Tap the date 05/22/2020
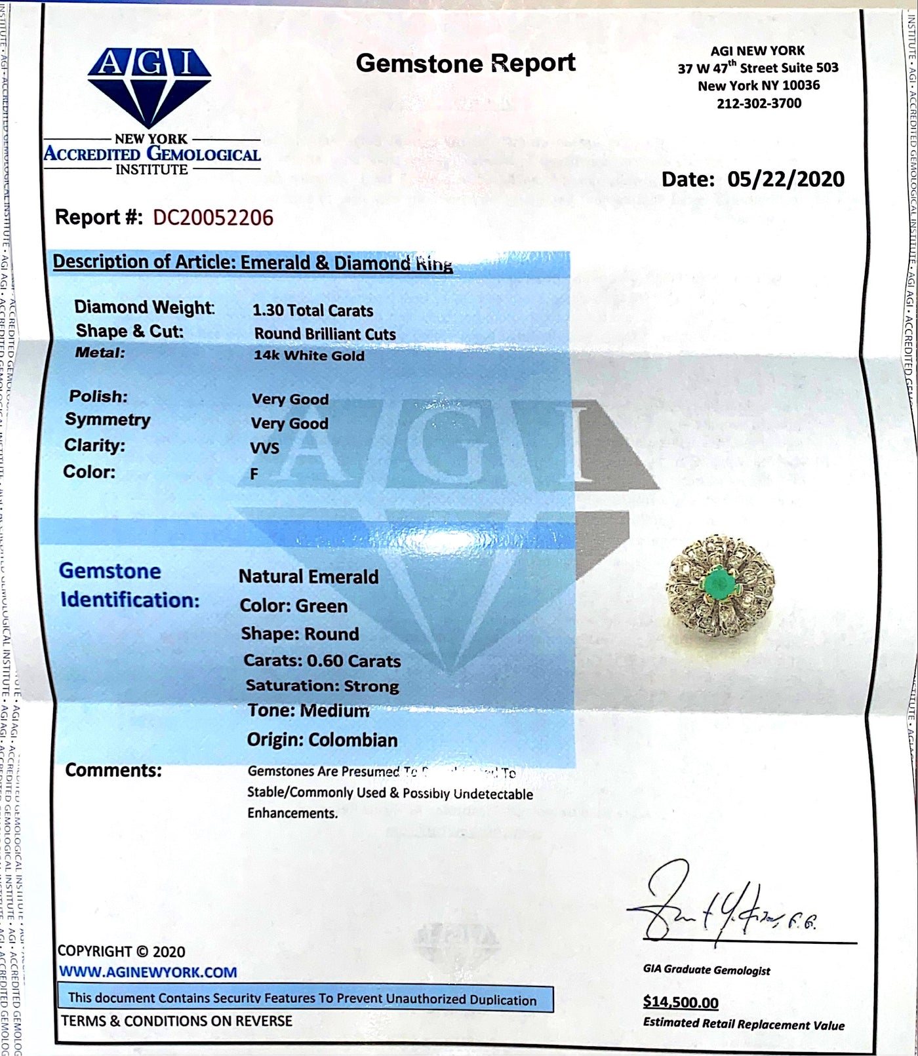[795, 179]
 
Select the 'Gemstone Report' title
[465, 64]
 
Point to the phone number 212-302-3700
[759, 103]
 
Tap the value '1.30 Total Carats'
[313, 311]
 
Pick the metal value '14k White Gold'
[309, 356]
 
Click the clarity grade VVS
[265, 448]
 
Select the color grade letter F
[254, 474]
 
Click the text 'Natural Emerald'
[308, 577]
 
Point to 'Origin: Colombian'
[322, 740]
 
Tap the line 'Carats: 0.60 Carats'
[322, 661]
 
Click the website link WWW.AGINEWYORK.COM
[148, 972]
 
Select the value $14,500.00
[681, 1002]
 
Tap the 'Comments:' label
[113, 770]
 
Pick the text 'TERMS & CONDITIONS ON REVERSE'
[177, 1021]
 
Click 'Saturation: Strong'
[322, 686]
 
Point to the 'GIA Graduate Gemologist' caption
[706, 970]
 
